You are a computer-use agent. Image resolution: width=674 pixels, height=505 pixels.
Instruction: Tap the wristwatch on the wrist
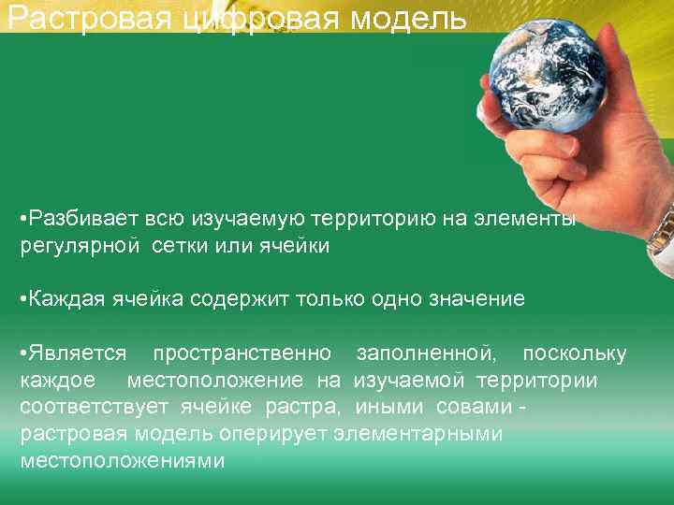click(x=662, y=229)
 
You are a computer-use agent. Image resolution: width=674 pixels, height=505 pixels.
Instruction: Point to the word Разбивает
click(x=84, y=219)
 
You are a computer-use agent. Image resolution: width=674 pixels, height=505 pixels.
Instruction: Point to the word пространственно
click(x=242, y=353)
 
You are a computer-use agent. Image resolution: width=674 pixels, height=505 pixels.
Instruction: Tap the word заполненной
click(x=427, y=353)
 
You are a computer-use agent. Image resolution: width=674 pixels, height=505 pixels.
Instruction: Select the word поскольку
click(x=574, y=353)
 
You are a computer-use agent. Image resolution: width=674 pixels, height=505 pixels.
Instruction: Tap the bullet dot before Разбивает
click(x=22, y=219)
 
